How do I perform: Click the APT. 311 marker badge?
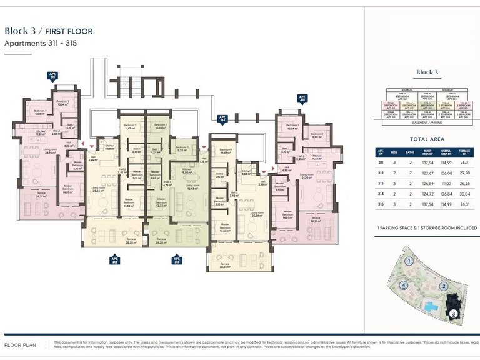coord(52,76)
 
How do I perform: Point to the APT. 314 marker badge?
coord(221,119)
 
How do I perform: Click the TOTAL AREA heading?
coord(427,139)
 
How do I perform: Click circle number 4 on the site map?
coord(405,286)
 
